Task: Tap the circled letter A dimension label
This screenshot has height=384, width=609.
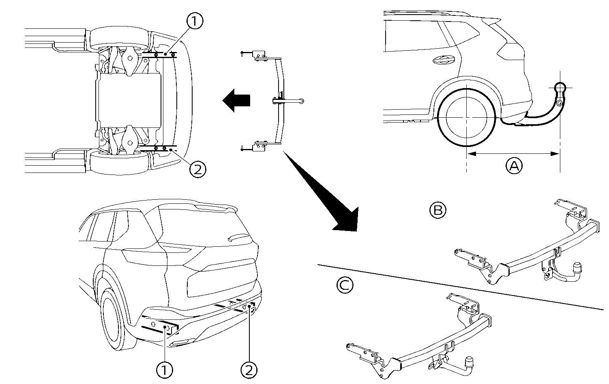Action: pyautogui.click(x=514, y=166)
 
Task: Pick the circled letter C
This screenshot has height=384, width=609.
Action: pyautogui.click(x=345, y=285)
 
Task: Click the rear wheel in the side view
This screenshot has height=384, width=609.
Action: pyautogui.click(x=466, y=117)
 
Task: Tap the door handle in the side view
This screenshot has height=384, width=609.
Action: pyautogui.click(x=444, y=60)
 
